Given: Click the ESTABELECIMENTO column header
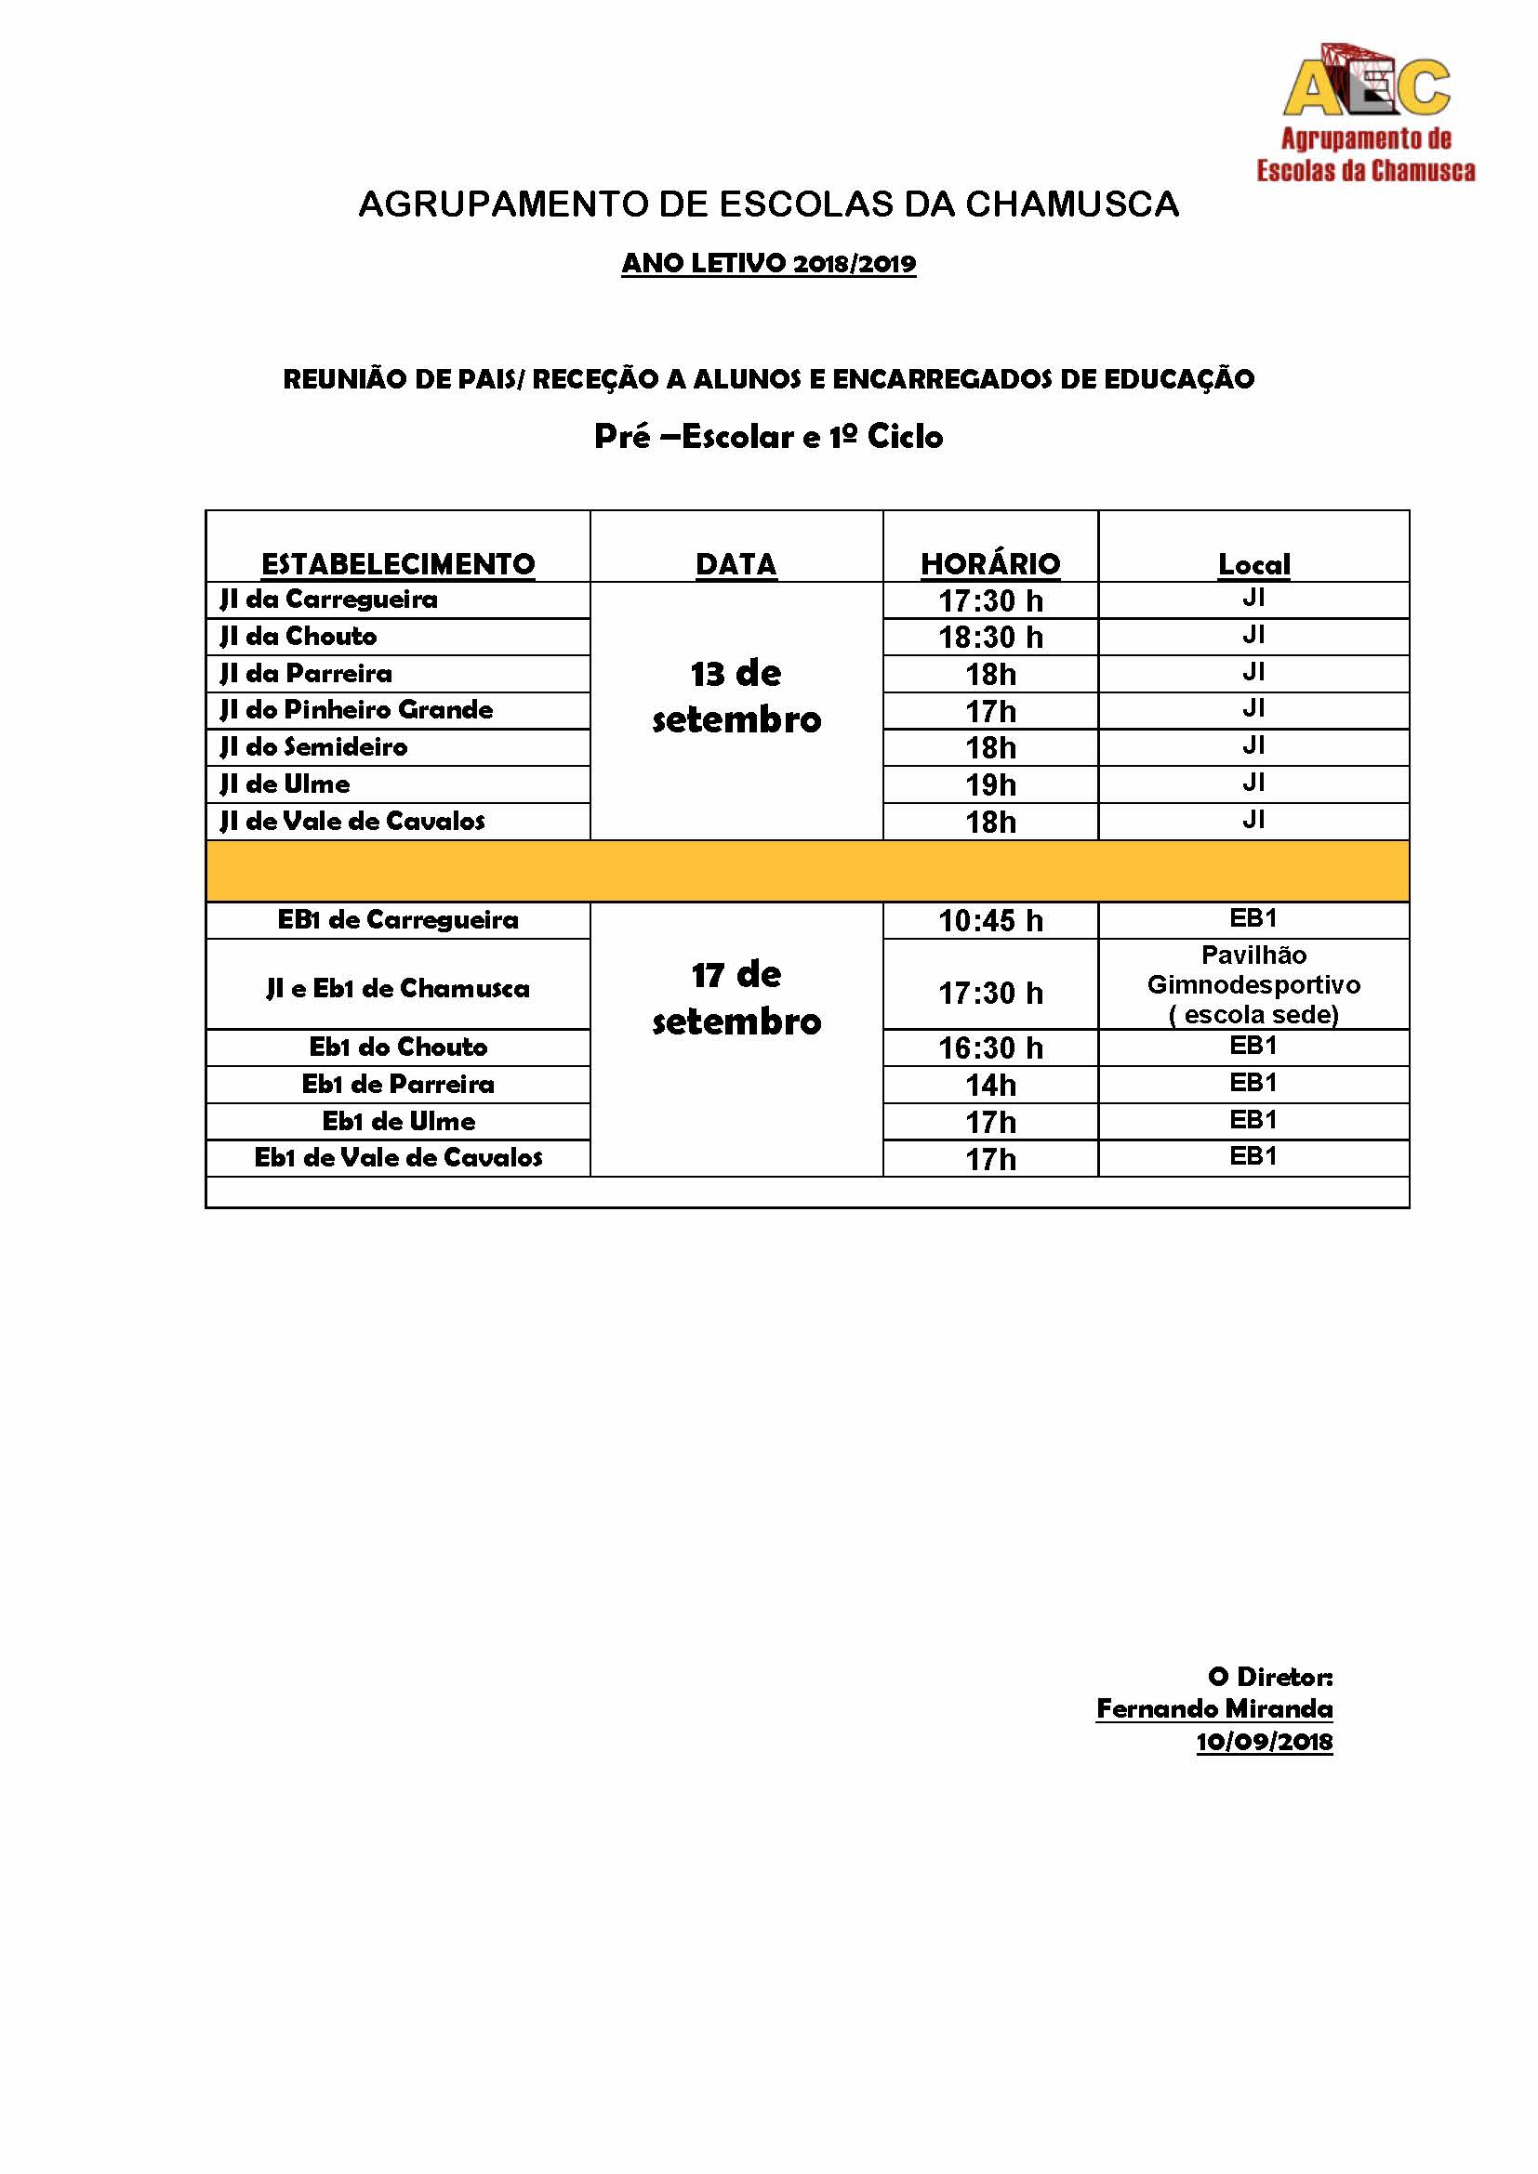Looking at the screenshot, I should [398, 563].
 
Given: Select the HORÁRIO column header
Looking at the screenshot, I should [989, 563].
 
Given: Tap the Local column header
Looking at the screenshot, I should [1253, 564].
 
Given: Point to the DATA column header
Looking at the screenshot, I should [736, 563].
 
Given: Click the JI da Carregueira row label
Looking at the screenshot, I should [328, 599].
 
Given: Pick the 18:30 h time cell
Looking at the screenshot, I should [989, 638].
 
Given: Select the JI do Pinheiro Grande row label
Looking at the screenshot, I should [356, 710].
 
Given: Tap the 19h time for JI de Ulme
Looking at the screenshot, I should [989, 785].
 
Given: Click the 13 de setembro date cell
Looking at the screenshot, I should [736, 697].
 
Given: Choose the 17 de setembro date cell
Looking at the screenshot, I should [736, 998].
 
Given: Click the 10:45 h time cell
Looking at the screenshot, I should [989, 920].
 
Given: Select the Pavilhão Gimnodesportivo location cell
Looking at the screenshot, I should [1253, 984].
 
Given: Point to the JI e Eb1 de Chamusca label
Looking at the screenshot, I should [398, 989].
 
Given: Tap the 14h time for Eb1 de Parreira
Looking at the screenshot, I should [989, 1085].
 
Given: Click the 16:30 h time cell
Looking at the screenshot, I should [989, 1048].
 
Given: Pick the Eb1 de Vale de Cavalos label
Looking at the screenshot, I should [398, 1158].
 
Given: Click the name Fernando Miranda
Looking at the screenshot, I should [1214, 1709].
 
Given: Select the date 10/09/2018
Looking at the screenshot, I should [1264, 1741].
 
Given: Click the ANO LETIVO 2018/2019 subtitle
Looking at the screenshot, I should [768, 263].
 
